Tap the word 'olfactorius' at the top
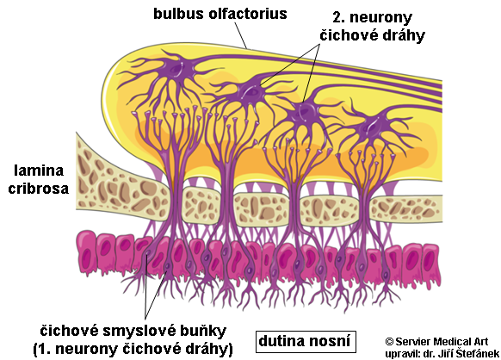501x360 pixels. (248, 14)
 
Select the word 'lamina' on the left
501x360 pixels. (39, 171)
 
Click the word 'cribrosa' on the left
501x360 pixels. (39, 189)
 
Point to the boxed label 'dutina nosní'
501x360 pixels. (306, 342)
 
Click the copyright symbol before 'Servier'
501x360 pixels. (389, 341)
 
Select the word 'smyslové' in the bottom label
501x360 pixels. (131, 332)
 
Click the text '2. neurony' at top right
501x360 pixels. (373, 17)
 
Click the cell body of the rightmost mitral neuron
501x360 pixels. (372, 127)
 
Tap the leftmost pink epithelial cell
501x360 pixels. (86, 252)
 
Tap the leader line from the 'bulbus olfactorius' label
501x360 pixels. (241, 35)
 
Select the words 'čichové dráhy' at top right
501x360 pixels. (372, 35)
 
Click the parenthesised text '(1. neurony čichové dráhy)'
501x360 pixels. (133, 350)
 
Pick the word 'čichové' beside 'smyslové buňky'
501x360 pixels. (69, 331)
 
